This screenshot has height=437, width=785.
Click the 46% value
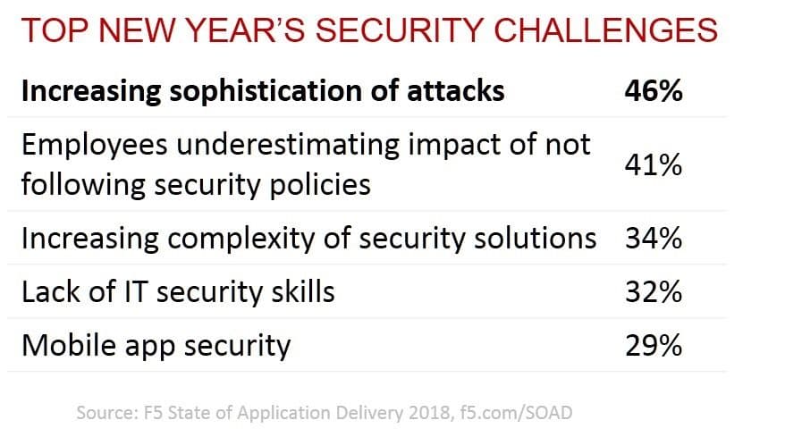pos(654,91)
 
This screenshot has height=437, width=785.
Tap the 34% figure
pos(654,239)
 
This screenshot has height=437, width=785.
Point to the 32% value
pos(654,291)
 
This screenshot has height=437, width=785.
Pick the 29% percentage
pos(654,345)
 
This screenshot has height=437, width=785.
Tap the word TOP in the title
pos(50,31)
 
